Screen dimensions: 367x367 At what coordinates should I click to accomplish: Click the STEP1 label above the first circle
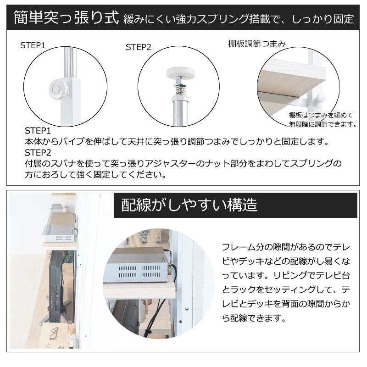[33, 45]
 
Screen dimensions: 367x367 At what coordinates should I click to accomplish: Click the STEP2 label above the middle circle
[139, 47]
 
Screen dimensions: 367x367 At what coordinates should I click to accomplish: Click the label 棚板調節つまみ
[257, 44]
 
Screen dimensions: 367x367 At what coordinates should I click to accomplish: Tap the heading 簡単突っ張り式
[67, 17]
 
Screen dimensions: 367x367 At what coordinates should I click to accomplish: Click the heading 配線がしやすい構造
[189, 205]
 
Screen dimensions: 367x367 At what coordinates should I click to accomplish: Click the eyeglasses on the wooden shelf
[54, 334]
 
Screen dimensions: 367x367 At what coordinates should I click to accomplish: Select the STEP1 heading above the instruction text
[38, 131]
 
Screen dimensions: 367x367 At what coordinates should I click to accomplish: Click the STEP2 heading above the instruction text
[38, 153]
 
